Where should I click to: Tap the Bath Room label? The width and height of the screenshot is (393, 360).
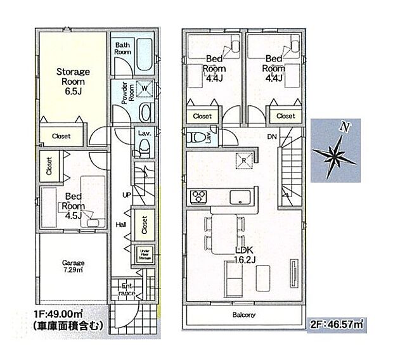click(x=123, y=48)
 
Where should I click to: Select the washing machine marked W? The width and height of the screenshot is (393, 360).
click(x=145, y=87)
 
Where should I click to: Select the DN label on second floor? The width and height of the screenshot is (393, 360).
click(x=273, y=137)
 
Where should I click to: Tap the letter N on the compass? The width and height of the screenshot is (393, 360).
click(x=344, y=127)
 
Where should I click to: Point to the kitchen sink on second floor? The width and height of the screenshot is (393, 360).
click(x=241, y=194)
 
